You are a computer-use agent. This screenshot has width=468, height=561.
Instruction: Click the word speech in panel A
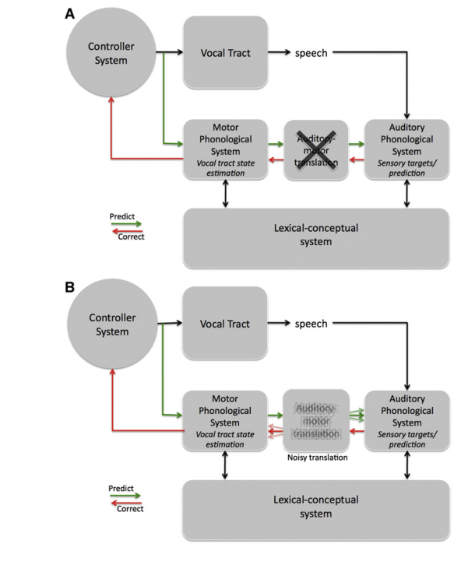click(311, 53)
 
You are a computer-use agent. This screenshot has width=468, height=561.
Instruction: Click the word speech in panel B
click(311, 324)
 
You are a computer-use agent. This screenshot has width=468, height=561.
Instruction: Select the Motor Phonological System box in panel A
click(224, 148)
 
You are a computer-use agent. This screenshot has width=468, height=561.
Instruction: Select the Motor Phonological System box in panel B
click(224, 420)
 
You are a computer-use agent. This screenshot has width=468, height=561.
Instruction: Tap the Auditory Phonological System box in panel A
click(406, 148)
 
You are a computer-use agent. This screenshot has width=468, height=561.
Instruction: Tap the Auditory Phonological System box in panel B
click(406, 420)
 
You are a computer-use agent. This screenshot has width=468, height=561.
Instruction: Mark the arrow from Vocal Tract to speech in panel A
click(278, 53)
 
